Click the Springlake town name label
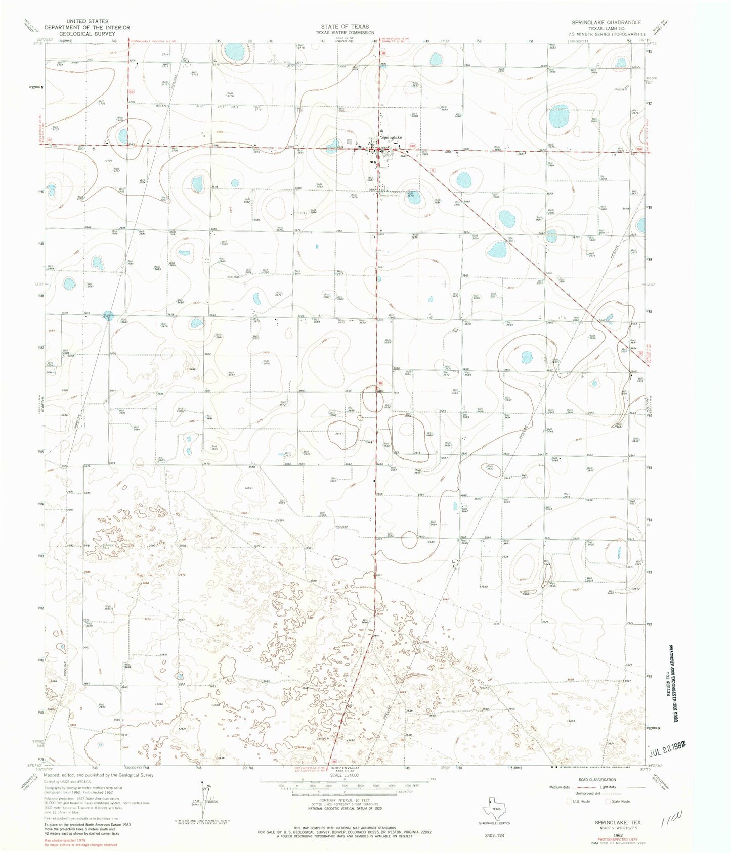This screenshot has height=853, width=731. click(392, 137)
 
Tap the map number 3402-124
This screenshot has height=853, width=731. click(494, 836)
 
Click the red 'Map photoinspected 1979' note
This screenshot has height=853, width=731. click(65, 840)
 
